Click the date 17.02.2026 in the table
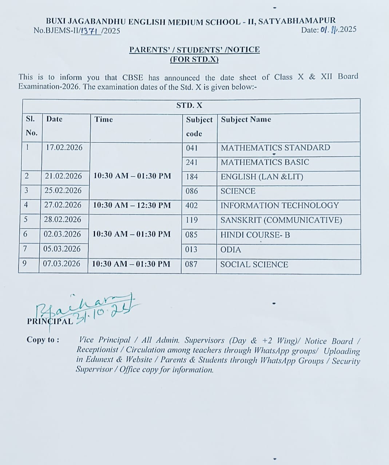[x=64, y=147]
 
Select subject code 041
[x=191, y=148]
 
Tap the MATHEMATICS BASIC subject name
[x=265, y=162]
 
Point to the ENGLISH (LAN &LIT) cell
[x=262, y=177]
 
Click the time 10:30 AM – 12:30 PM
[x=132, y=205]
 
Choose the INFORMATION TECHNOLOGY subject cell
[x=279, y=205]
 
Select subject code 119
[x=191, y=220]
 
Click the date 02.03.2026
[x=62, y=234]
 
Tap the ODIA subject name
[x=231, y=250]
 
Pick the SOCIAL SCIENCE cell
[x=254, y=264]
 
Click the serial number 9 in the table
[x=24, y=263]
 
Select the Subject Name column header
[x=246, y=120]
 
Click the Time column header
[x=104, y=119]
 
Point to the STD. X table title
[x=189, y=105]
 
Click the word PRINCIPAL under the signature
[x=50, y=322]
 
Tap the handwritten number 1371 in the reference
[x=90, y=31]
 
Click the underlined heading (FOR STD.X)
[x=194, y=59]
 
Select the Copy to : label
[x=43, y=340]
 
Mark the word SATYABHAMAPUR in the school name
[x=297, y=21]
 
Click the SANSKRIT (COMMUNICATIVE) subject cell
[x=281, y=220]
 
